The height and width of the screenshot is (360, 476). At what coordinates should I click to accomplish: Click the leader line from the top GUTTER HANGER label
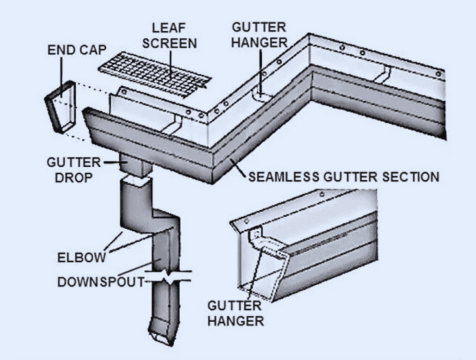pyautogui.click(x=261, y=71)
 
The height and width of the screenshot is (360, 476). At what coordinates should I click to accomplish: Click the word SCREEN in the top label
pyautogui.click(x=170, y=44)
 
